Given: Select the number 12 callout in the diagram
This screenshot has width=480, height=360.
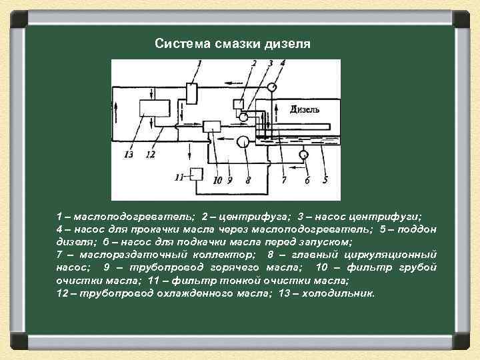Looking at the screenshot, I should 150,155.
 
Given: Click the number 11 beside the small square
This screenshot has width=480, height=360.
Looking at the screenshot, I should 179,177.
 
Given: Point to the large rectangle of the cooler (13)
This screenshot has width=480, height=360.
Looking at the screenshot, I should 153,109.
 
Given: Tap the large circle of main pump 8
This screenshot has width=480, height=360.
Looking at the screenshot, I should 244,141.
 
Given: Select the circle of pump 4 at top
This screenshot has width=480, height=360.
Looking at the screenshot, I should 273,87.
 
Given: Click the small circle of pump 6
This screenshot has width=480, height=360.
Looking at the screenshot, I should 303,155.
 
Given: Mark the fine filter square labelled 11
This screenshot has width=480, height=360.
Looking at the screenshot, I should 197,175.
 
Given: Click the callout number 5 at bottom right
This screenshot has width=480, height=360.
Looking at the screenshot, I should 325,179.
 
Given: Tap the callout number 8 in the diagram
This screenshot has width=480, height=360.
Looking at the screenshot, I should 248,179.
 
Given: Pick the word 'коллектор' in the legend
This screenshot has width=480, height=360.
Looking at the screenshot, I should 224,255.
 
